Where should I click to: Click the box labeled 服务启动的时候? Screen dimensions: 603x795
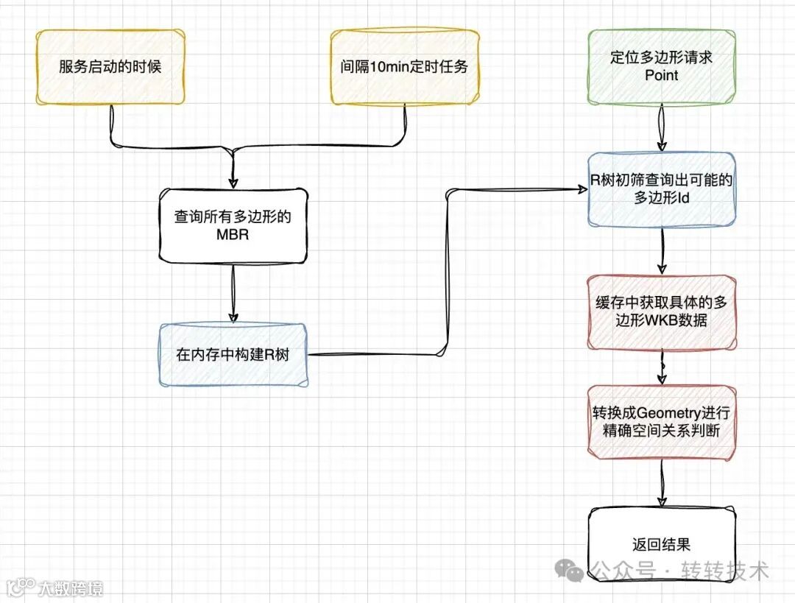pos(110,66)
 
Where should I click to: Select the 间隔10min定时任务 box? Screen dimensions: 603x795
pos(405,66)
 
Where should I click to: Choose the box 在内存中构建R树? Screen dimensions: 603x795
pos(233,355)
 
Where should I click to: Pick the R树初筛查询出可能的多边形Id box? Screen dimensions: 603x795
pos(661,189)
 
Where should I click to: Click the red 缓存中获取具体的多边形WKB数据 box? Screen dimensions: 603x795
pos(661,312)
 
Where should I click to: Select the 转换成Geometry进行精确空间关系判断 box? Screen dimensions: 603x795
pos(661,423)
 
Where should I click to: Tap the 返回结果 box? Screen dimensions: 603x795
pos(661,545)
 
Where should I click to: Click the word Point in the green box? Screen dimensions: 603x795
pos(661,75)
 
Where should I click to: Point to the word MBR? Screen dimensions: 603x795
pos(233,236)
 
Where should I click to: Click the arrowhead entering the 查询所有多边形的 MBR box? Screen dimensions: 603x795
pos(233,183)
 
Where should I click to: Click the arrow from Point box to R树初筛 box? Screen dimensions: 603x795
pos(662,128)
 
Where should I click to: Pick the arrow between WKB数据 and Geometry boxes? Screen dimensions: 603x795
pos(662,367)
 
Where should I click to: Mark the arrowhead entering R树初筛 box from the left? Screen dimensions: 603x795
pos(582,189)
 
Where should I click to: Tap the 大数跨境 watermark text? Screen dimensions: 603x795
pos(71,588)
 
